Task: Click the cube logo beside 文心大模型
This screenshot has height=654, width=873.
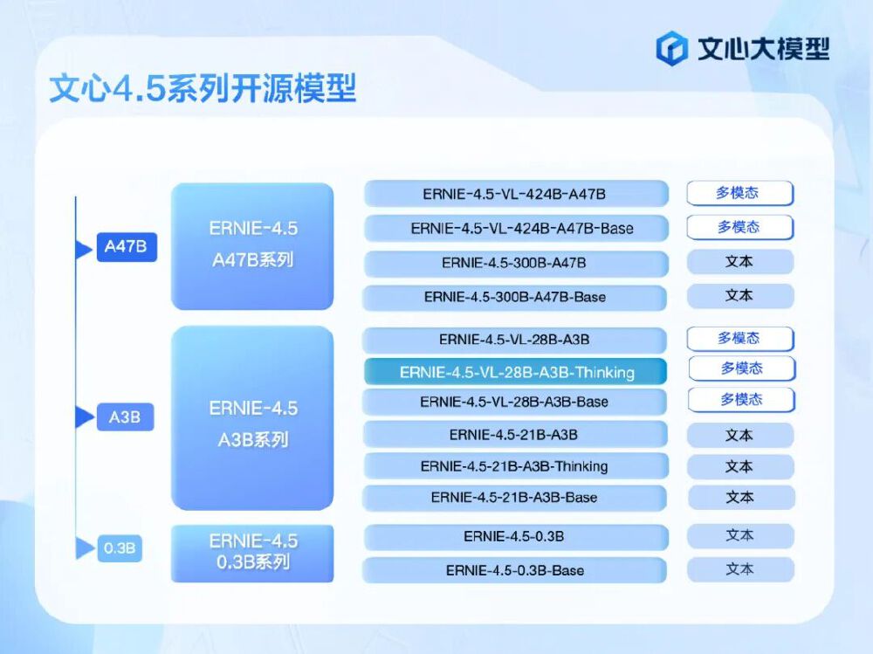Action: [x=673, y=48]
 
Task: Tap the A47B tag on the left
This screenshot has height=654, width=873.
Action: [x=127, y=247]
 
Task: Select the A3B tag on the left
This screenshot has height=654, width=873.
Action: [x=125, y=416]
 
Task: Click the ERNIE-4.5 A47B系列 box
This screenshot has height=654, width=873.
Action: [x=252, y=245]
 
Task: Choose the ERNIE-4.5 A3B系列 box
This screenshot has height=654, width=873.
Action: [x=252, y=420]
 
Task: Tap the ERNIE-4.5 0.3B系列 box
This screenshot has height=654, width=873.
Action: [x=252, y=553]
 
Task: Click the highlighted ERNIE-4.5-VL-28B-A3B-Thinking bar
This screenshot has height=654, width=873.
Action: [x=516, y=372]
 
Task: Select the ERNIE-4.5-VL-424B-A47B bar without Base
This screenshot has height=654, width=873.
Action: [x=515, y=194]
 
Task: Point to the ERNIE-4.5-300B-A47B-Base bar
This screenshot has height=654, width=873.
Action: [x=515, y=297]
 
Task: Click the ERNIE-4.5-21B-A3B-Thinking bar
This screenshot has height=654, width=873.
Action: [x=515, y=466]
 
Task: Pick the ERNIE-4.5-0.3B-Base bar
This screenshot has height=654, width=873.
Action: [x=515, y=570]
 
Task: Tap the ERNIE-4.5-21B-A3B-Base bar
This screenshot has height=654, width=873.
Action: [x=515, y=498]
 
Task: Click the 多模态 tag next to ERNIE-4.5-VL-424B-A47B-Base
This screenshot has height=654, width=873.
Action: [x=739, y=227]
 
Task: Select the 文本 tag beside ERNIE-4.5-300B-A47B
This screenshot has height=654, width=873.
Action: [x=739, y=262]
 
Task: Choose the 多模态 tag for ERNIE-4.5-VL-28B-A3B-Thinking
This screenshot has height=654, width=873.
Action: [x=741, y=368]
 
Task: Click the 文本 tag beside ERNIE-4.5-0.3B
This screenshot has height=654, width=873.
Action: [x=739, y=535]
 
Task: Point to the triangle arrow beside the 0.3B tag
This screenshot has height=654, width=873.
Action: [x=85, y=548]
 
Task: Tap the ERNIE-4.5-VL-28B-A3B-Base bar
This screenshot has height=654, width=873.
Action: [x=515, y=402]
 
